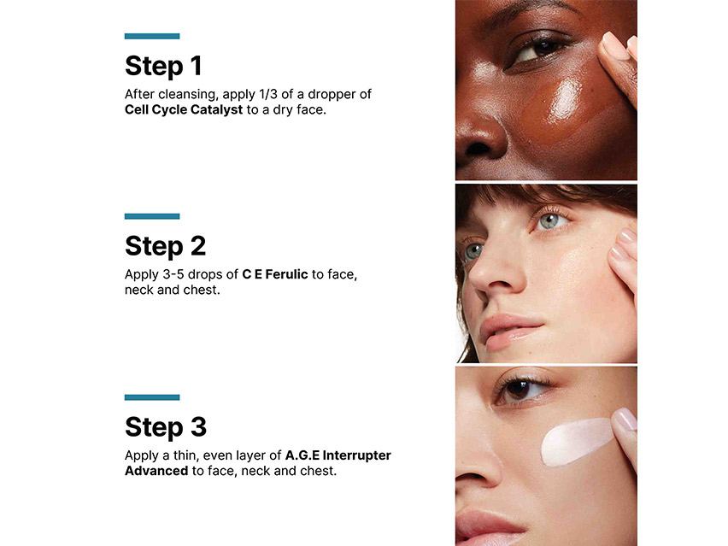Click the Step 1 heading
(163, 66)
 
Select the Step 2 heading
(165, 246)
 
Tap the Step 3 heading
(165, 426)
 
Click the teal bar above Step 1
(152, 36)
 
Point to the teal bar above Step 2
(152, 216)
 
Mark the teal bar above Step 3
(152, 397)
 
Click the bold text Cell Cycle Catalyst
(184, 109)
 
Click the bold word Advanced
(156, 471)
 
